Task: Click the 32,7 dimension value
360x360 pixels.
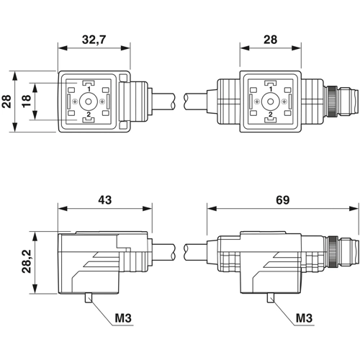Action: (94, 40)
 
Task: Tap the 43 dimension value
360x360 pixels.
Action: (105, 199)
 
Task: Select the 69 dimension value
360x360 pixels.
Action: (282, 199)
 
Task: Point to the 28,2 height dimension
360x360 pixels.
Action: (27, 261)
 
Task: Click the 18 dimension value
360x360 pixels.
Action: (27, 101)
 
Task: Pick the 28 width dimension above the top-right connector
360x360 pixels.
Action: (270, 40)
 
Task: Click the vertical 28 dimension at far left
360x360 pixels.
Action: (6, 101)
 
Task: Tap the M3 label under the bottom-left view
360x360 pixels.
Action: (123, 318)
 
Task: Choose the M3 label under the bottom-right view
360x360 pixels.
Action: (304, 318)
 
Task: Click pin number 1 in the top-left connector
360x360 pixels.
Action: (89, 89)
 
